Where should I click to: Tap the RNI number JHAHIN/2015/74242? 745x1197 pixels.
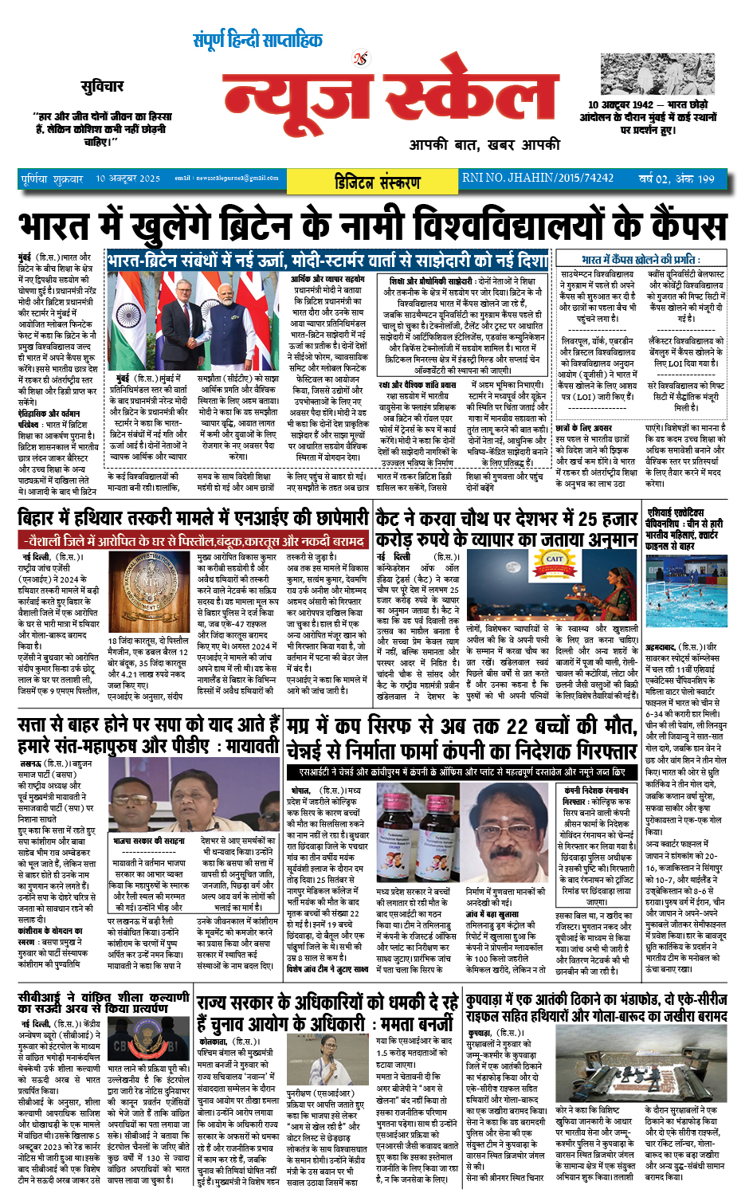[538, 179]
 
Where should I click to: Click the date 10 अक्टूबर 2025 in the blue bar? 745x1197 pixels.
[127, 179]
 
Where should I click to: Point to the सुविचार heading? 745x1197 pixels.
[102, 86]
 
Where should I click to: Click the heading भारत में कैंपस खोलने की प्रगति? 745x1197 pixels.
[641, 260]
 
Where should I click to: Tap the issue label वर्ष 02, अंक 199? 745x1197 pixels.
[676, 179]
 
